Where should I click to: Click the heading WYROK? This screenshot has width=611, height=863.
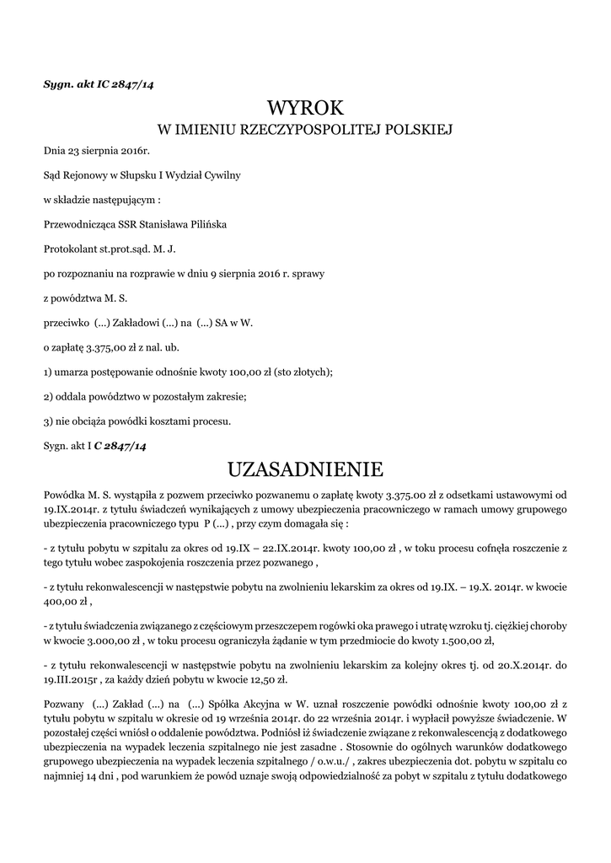coord(305,107)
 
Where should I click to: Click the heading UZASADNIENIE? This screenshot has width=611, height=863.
coord(305,468)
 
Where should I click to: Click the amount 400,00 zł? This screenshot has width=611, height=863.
coord(64,602)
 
